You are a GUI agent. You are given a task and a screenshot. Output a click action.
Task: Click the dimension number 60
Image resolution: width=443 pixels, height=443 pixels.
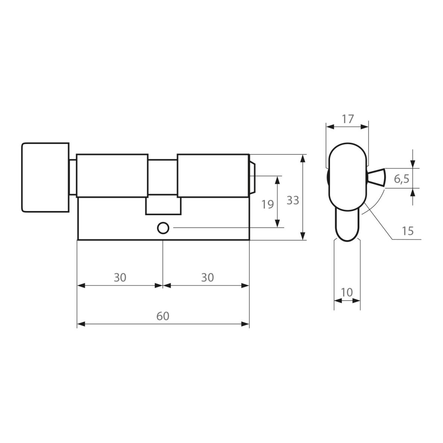[163, 316]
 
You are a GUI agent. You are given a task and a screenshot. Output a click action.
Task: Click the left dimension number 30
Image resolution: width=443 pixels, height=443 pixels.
[120, 277]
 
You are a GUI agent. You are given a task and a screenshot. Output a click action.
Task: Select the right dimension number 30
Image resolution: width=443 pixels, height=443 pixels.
[207, 277]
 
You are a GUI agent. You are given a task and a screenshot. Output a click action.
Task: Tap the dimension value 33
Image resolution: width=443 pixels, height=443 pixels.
[293, 200]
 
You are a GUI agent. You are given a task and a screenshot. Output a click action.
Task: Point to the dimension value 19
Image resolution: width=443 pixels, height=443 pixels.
[267, 204]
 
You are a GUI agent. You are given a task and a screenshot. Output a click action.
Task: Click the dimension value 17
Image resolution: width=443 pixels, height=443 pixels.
[348, 119]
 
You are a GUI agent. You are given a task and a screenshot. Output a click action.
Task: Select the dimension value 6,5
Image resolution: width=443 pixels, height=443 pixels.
[402, 179]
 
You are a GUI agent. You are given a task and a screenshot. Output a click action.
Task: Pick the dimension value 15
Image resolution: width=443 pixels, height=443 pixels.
[408, 231]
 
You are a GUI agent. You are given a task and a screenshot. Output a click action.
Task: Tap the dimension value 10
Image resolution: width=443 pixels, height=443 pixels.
[347, 292]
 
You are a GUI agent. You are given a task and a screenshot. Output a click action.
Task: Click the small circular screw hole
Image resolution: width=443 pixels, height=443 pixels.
[163, 228]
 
